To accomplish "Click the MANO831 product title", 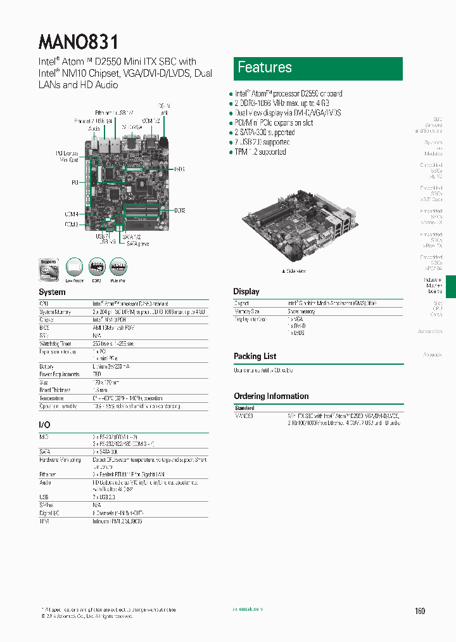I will [x=79, y=42].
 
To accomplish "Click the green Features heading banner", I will [x=319, y=68].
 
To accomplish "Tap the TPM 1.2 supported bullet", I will [x=260, y=152].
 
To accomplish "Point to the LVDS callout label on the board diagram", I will [x=179, y=169].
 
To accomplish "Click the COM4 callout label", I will [x=71, y=214].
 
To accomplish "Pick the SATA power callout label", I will [x=137, y=243].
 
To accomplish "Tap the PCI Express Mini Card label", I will [x=68, y=157].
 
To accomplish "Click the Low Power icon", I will [x=74, y=268].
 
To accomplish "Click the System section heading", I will [x=52, y=292].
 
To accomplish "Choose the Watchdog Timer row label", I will [x=58, y=344].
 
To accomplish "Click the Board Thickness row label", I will [x=56, y=390].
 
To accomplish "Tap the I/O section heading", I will [x=44, y=424].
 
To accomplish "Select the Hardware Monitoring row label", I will [x=60, y=460].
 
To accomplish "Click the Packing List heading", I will [x=255, y=357].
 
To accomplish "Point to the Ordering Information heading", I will [x=271, y=396].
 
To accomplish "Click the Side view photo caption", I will [x=294, y=271].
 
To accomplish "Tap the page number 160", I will [x=420, y=611].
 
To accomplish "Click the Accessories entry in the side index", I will [x=430, y=332].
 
